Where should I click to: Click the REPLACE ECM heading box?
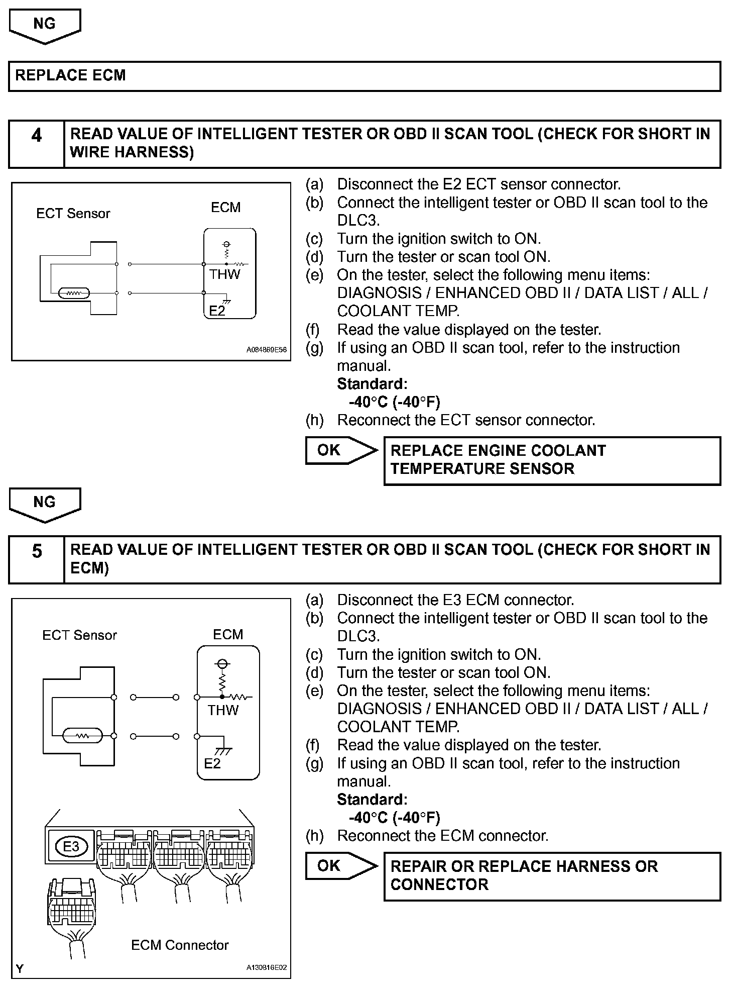(364, 76)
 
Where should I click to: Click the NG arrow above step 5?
(45, 504)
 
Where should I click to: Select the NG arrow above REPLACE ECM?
(45, 26)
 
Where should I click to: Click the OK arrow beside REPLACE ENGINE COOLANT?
(340, 450)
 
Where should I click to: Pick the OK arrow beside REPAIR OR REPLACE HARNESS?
(340, 866)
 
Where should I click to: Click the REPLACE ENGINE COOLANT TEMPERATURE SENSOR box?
(552, 460)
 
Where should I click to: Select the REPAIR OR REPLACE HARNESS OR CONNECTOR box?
(552, 876)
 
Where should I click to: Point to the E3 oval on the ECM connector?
(71, 847)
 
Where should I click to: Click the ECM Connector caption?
(180, 945)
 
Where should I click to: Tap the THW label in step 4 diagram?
(224, 274)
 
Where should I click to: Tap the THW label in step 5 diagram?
(223, 710)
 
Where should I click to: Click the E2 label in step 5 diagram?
(212, 763)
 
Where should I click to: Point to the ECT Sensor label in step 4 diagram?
(73, 214)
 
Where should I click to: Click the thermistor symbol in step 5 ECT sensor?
(82, 736)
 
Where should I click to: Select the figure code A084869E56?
(266, 350)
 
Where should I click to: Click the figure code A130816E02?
(266, 967)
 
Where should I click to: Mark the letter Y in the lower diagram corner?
(20, 968)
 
